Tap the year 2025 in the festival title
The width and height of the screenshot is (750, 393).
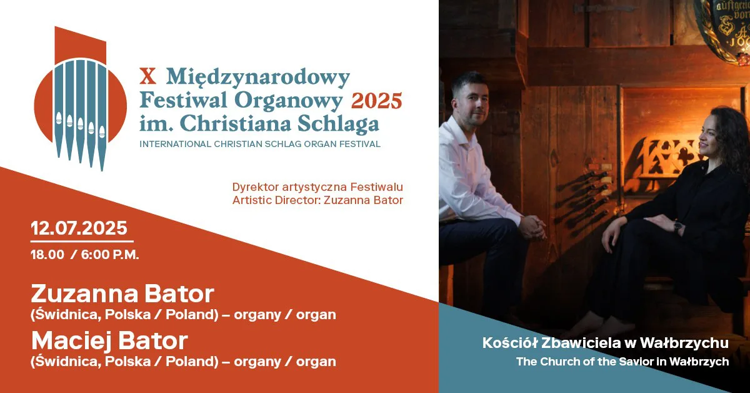click(376, 101)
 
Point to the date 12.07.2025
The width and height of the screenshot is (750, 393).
click(79, 228)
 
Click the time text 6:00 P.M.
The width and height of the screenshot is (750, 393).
click(110, 255)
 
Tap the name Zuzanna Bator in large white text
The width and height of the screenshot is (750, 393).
click(122, 293)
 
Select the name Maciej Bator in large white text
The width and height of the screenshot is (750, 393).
click(109, 340)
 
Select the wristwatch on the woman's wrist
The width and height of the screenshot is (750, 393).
click(678, 227)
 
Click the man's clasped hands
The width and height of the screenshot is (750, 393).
click(535, 227)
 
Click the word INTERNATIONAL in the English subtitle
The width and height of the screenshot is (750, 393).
click(175, 144)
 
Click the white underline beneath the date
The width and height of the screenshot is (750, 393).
click(82, 241)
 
